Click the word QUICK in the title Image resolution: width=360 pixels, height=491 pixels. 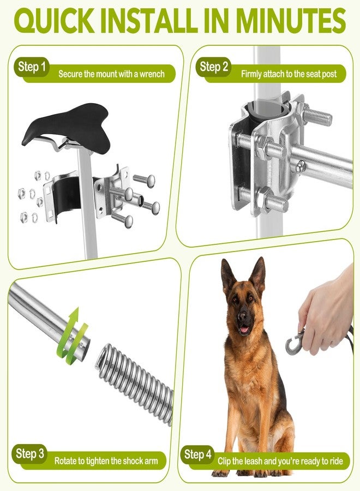pyautogui.click(x=54, y=21)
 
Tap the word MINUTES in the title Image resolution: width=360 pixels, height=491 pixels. pyautogui.click(x=291, y=21)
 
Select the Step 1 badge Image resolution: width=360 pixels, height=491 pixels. pyautogui.click(x=32, y=67)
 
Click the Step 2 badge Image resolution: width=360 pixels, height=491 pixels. pyautogui.click(x=214, y=67)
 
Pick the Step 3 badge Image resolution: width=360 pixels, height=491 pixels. pyautogui.click(x=30, y=454)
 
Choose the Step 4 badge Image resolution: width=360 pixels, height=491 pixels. pyautogui.click(x=198, y=454)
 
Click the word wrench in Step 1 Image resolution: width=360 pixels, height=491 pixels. pyautogui.click(x=152, y=74)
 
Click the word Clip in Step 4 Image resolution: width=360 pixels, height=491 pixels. pyautogui.click(x=224, y=461)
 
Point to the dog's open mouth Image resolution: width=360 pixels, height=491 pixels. pyautogui.click(x=244, y=329)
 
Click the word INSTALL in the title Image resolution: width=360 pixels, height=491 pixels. pyautogui.click(x=149, y=21)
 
